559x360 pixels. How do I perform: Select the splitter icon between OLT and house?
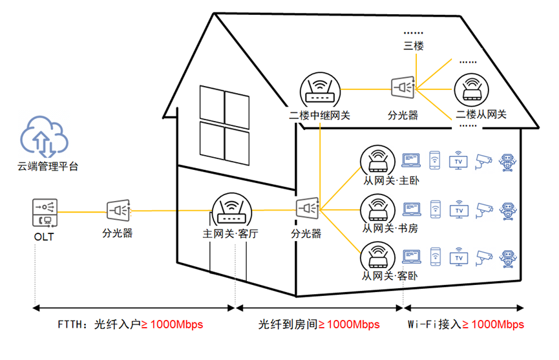[118, 210]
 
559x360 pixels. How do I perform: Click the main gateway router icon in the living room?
[230, 209]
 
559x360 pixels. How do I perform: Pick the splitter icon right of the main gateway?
[307, 209]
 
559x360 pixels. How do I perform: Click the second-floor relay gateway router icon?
[319, 91]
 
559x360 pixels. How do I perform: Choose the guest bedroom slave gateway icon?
[377, 257]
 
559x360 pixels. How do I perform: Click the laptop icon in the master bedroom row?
[410, 160]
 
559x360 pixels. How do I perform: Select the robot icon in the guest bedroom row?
[511, 258]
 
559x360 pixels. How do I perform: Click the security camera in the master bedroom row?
[484, 160]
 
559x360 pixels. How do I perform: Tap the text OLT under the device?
[44, 237]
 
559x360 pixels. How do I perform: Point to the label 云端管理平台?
[48, 166]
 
